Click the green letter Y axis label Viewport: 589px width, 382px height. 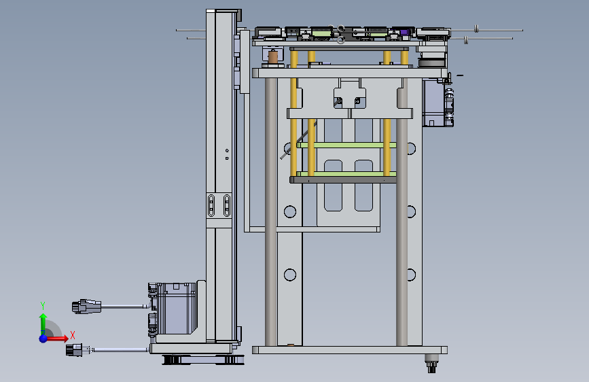[x=43, y=306]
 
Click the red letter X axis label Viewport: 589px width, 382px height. [x=73, y=335]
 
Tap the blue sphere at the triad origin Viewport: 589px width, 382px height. [x=43, y=338]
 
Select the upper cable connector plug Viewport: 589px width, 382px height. [x=87, y=307]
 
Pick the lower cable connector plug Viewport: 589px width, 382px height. [x=74, y=349]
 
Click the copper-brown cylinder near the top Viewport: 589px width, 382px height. [x=273, y=57]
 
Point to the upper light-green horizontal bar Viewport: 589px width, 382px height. [x=346, y=145]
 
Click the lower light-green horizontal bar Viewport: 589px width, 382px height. [x=346, y=174]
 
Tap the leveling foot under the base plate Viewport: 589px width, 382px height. [x=432, y=364]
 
